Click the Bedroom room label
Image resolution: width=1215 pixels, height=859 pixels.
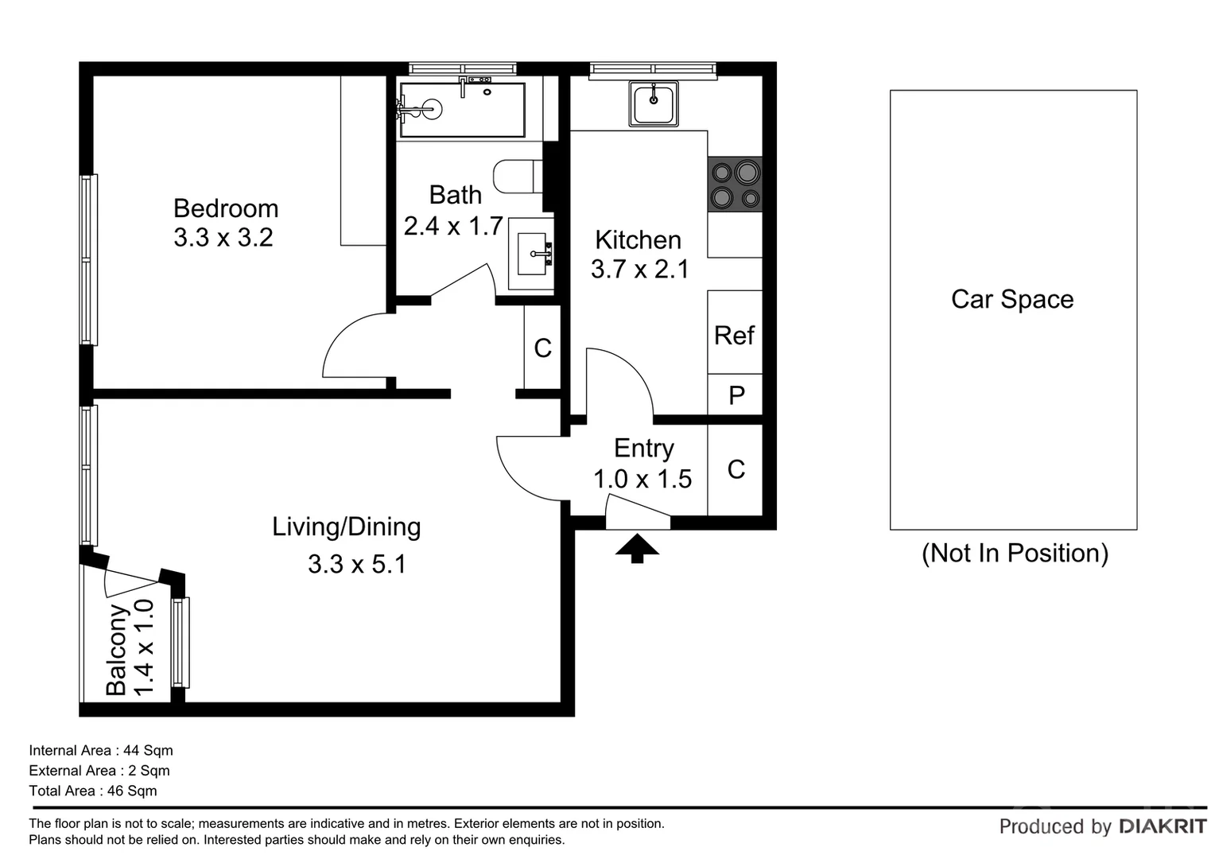click(226, 208)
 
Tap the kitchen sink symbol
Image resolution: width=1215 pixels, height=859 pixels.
click(654, 103)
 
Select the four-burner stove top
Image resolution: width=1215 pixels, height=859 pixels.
click(735, 184)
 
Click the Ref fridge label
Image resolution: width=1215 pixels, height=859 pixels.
click(734, 335)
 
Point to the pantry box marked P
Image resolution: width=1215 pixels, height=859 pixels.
click(736, 395)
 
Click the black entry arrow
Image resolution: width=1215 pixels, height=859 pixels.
click(637, 547)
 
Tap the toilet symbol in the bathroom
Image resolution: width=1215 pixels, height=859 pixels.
click(517, 177)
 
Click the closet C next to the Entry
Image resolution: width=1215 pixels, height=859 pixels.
click(736, 469)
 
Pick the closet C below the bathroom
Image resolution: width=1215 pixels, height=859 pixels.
click(542, 348)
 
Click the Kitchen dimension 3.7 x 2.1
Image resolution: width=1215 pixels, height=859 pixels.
click(639, 270)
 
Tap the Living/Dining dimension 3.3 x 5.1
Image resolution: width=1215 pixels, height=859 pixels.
click(356, 564)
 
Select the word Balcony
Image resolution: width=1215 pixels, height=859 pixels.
click(117, 650)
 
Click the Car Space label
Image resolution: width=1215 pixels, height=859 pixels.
click(1012, 299)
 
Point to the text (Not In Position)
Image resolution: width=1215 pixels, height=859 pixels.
click(1015, 553)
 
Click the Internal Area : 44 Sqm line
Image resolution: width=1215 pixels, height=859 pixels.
click(101, 750)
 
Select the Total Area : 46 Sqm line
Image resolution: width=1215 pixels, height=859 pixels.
click(93, 791)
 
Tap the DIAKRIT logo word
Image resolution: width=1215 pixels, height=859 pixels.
click(1163, 826)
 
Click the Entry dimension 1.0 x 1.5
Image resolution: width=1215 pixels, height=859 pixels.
click(642, 479)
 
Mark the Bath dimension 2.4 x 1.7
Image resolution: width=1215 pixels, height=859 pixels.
click(453, 227)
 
